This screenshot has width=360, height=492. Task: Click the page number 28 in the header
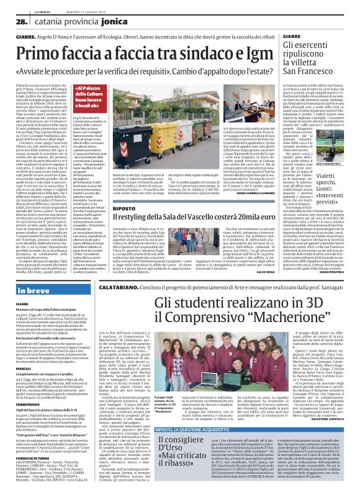tap(11, 21)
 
